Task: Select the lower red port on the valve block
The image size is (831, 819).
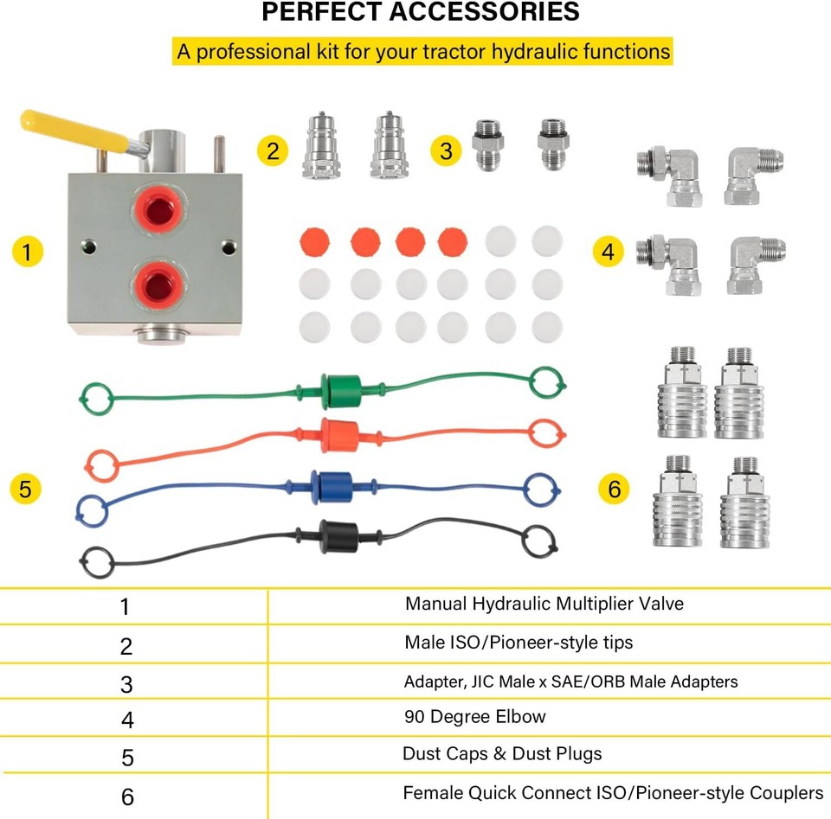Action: pyautogui.click(x=157, y=282)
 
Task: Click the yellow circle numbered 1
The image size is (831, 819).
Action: pyautogui.click(x=27, y=252)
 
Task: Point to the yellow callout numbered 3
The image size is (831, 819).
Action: pyautogui.click(x=446, y=150)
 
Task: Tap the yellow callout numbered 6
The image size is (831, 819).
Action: pyautogui.click(x=614, y=489)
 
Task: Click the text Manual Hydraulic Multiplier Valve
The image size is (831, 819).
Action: pyautogui.click(x=544, y=604)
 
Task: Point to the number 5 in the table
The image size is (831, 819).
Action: pyautogui.click(x=127, y=758)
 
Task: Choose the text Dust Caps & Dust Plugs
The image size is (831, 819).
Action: pyautogui.click(x=501, y=753)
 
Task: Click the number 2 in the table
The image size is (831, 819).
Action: pyautogui.click(x=126, y=645)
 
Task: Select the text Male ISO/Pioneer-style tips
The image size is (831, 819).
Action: pyautogui.click(x=518, y=642)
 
